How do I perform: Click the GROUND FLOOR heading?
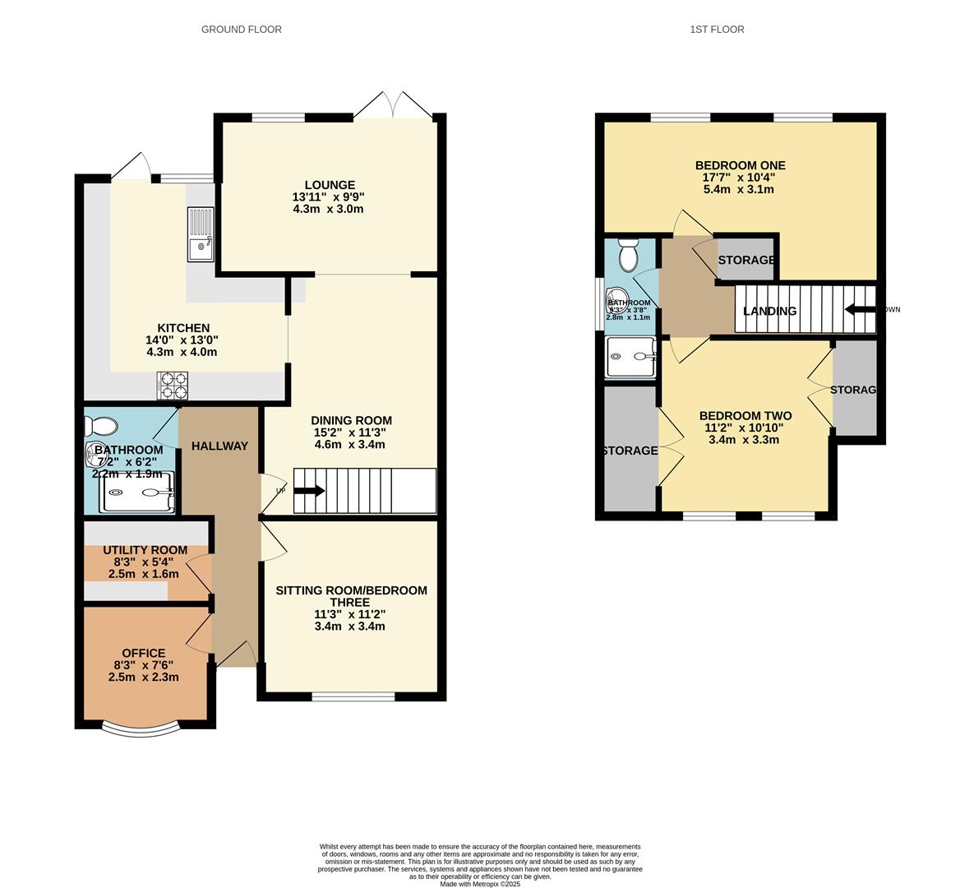(241, 30)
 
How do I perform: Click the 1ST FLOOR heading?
(717, 30)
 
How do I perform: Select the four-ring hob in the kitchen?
(173, 386)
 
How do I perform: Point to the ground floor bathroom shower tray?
(137, 493)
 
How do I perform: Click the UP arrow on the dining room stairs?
(308, 491)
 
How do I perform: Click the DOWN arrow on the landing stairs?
(861, 310)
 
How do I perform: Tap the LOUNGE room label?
(329, 185)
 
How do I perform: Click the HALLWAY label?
(219, 446)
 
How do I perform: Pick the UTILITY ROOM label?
(145, 550)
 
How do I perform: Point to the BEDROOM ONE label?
(740, 164)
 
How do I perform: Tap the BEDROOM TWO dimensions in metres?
(744, 439)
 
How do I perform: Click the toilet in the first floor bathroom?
(629, 256)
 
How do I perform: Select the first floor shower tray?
(630, 357)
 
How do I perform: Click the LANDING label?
(769, 311)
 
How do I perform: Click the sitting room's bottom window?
(353, 697)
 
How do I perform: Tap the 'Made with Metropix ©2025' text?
(480, 884)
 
